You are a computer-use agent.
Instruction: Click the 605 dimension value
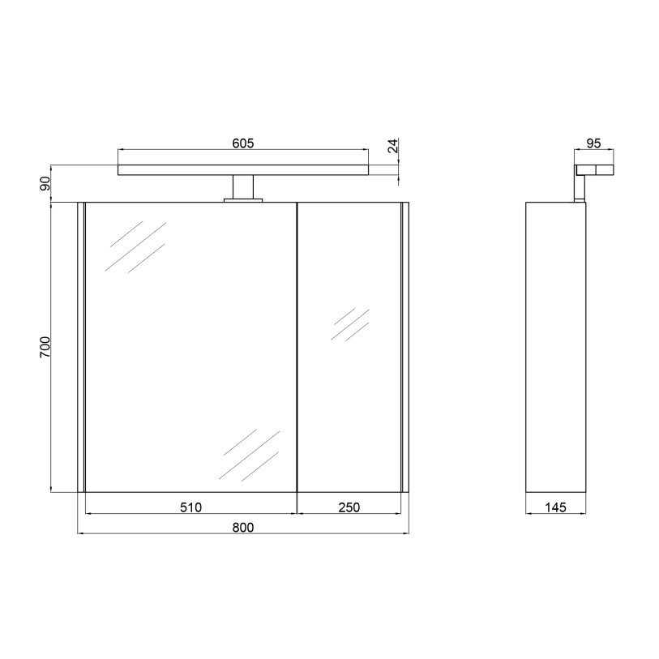point(243,143)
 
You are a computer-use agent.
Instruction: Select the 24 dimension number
point(392,146)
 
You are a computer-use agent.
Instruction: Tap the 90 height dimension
point(45,184)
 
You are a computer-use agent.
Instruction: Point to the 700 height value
point(45,347)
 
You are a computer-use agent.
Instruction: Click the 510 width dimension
point(190,507)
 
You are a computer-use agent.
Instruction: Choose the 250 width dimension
point(349,507)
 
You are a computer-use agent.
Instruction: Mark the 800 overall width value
point(243,527)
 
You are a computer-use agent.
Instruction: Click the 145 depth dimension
point(555,507)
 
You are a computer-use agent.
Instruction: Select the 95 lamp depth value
point(593,143)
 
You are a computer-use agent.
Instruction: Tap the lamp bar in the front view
point(243,169)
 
